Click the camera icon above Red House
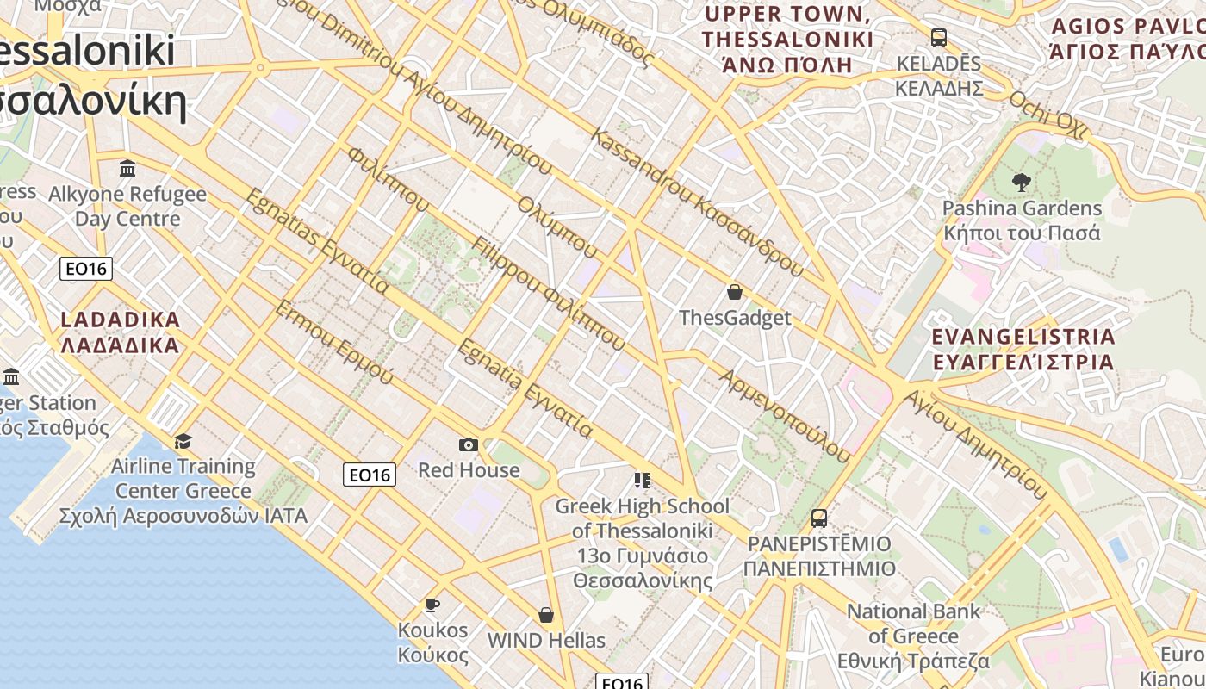click(469, 444)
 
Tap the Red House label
click(469, 470)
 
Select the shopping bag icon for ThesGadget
click(735, 293)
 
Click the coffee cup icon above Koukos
click(432, 605)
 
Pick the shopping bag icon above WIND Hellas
click(546, 615)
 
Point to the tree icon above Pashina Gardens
click(1022, 182)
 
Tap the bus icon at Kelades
click(939, 38)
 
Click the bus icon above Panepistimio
click(819, 518)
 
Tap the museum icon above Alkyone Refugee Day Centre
click(127, 169)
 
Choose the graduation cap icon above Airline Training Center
click(183, 442)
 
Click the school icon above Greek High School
click(642, 480)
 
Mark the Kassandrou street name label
click(698, 203)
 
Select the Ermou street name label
click(333, 343)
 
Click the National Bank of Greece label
click(914, 636)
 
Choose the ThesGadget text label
click(735, 318)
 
